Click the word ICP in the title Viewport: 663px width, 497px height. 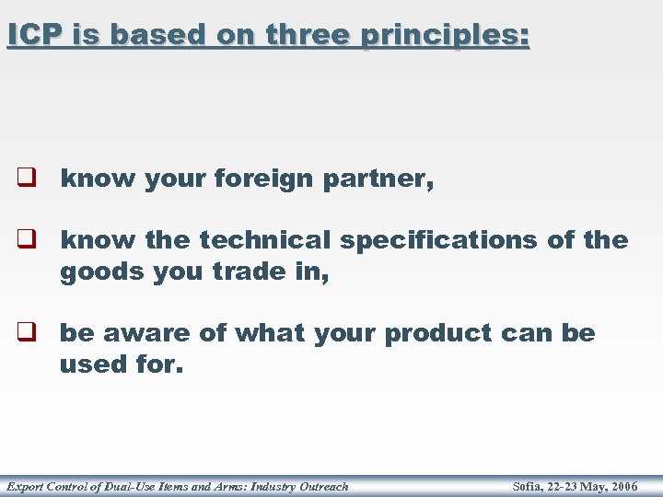[33, 35]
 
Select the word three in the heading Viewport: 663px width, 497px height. [308, 35]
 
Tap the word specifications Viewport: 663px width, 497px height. [438, 242]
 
